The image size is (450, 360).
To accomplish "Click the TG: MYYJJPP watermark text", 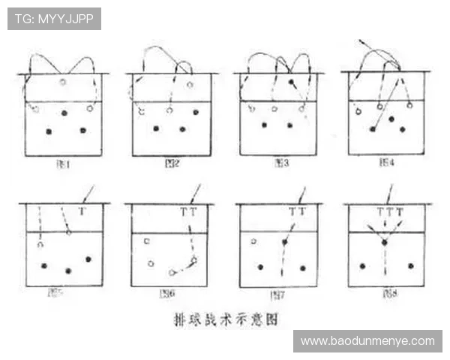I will (54, 19).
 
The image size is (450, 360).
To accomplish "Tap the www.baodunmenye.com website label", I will (367, 341).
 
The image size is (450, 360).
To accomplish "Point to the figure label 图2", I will (171, 162).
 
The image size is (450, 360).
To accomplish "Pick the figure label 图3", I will (280, 162).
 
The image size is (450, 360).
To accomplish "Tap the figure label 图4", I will (386, 162).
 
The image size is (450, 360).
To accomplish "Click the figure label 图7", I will (278, 294).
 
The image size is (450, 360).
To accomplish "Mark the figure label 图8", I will (386, 293).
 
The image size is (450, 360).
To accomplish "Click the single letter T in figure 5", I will (82, 211).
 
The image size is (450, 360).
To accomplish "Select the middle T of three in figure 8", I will (389, 212).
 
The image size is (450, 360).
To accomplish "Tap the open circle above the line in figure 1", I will (63, 82).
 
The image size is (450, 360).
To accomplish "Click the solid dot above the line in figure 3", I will (291, 81).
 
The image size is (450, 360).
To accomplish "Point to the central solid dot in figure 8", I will (384, 243).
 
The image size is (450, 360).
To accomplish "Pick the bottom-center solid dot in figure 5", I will (68, 270).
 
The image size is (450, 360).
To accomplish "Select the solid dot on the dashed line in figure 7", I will (284, 242).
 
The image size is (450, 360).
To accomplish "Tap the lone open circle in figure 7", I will (253, 241).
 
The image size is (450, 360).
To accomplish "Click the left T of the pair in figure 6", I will (184, 212).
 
